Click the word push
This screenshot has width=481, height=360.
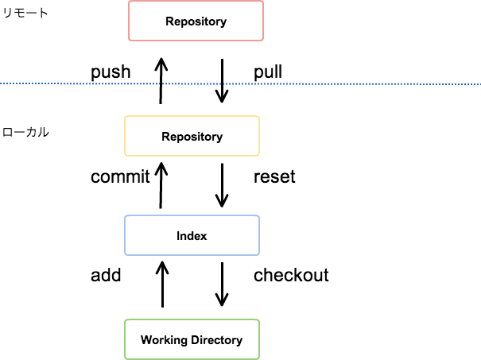pyautogui.click(x=111, y=72)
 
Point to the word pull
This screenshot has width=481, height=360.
pyautogui.click(x=268, y=72)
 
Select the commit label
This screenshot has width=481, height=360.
pyautogui.click(x=120, y=177)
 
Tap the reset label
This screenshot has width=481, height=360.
pyautogui.click(x=274, y=177)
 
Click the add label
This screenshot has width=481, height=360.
pyautogui.click(x=106, y=275)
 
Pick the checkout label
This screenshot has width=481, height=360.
pyautogui.click(x=291, y=275)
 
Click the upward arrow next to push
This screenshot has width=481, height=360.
pyautogui.click(x=161, y=81)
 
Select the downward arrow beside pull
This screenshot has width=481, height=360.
pyautogui.click(x=222, y=81)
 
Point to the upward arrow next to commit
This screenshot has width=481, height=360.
pyautogui.click(x=161, y=185)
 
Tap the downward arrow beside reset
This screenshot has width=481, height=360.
pyautogui.click(x=222, y=185)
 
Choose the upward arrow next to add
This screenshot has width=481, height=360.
pyautogui.click(x=162, y=285)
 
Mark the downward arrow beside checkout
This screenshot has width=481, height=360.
pyautogui.click(x=222, y=285)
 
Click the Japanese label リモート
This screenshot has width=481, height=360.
pyautogui.click(x=25, y=14)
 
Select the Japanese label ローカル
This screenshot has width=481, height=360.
pyautogui.click(x=25, y=132)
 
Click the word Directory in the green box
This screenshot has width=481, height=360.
pyautogui.click(x=216, y=340)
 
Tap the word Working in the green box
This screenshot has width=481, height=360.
pyautogui.click(x=164, y=340)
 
